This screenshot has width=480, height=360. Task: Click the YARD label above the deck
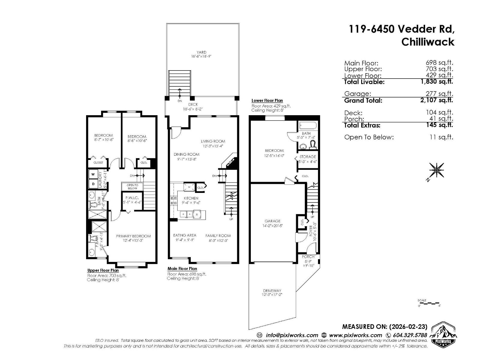click(201, 52)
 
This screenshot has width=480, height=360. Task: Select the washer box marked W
click(93, 174)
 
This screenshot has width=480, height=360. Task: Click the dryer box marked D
click(93, 184)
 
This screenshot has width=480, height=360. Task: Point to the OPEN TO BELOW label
click(132, 187)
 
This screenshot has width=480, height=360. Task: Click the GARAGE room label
click(272, 221)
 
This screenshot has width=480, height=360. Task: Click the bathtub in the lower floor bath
click(308, 125)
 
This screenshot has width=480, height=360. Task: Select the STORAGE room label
click(307, 157)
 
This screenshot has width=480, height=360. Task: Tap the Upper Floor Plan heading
click(103, 270)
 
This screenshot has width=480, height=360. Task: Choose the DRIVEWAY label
click(272, 290)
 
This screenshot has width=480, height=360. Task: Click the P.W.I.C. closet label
click(132, 198)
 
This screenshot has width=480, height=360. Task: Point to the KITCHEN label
click(191, 198)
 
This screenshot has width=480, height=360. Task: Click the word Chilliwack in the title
click(428, 42)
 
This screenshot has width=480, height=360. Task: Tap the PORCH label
click(308, 256)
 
